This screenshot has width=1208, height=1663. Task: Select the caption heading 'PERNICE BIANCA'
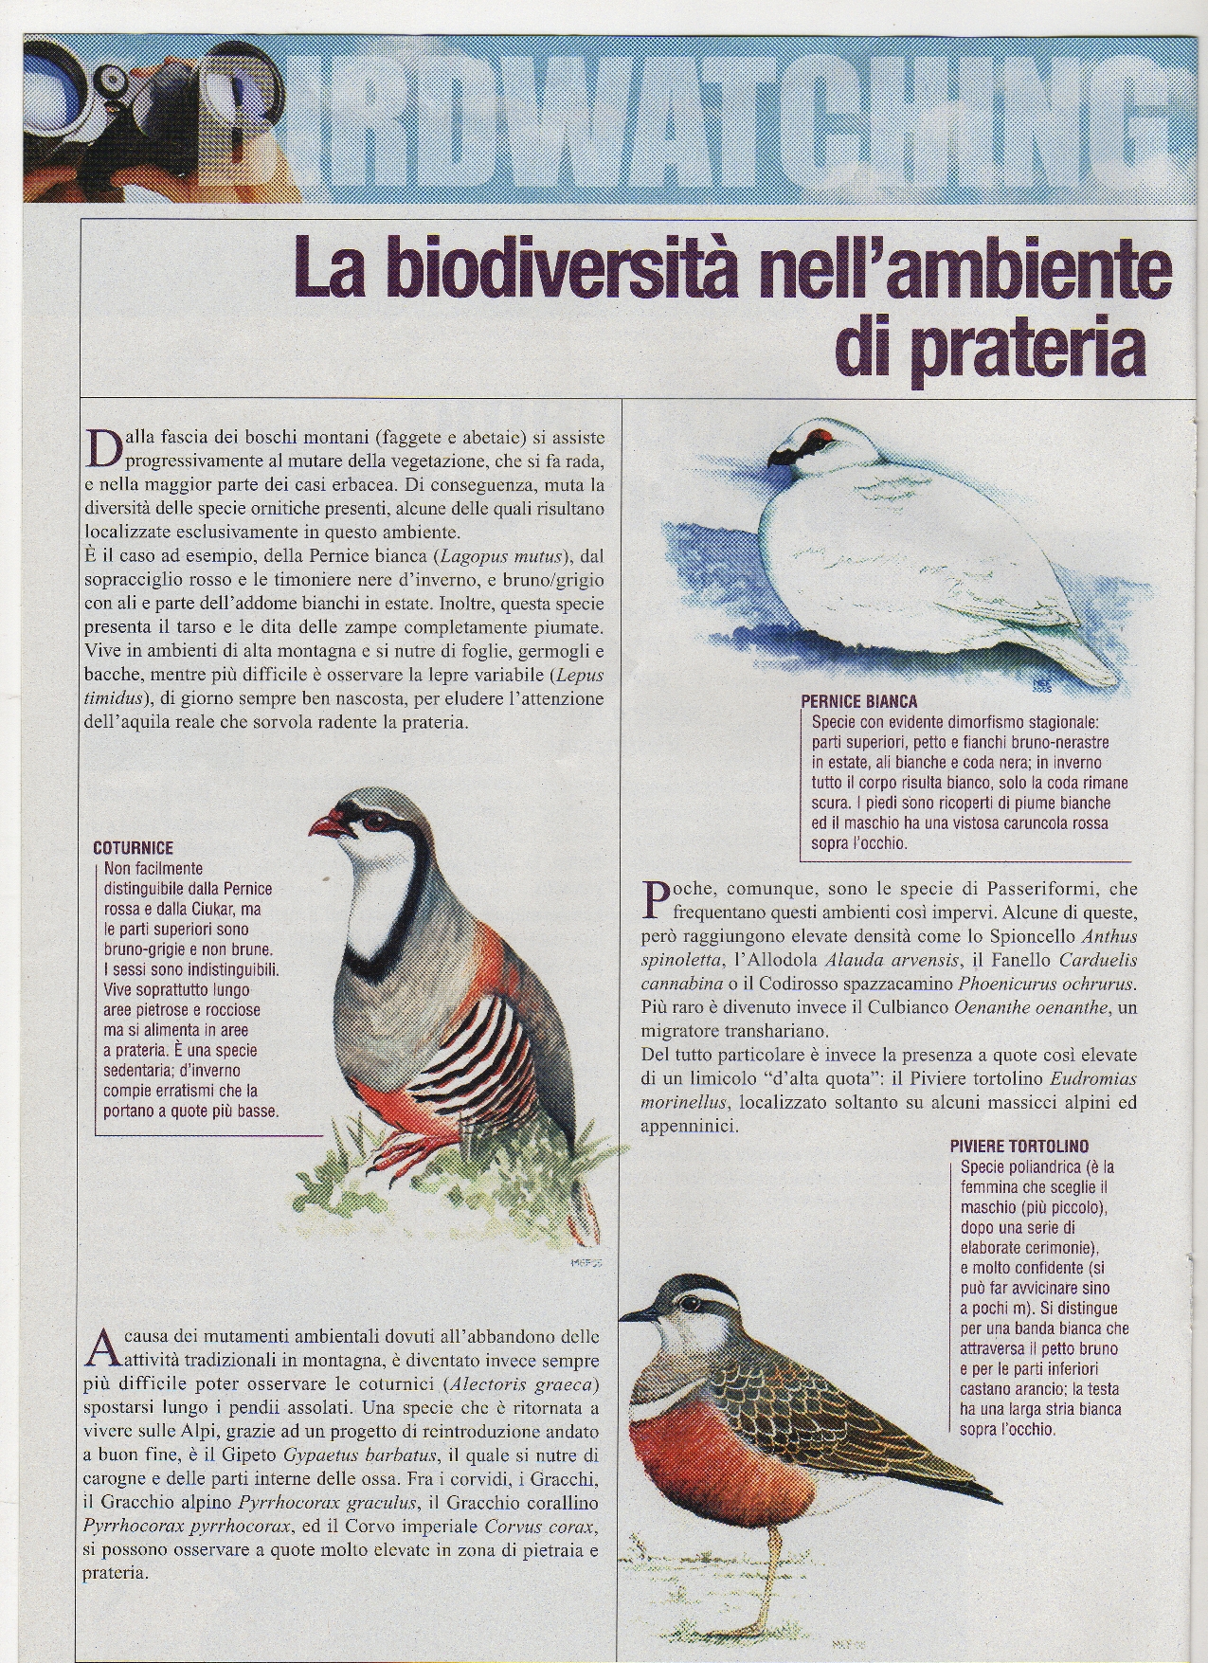[x=858, y=702]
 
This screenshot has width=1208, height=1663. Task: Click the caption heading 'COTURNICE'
[x=134, y=848]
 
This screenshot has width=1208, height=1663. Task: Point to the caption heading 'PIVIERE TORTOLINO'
[x=1019, y=1146]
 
